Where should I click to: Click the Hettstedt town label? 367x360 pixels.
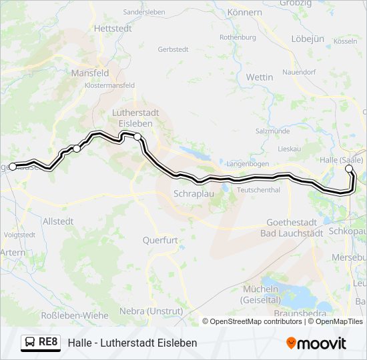click(x=110, y=29)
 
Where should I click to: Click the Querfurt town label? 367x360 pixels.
click(x=159, y=239)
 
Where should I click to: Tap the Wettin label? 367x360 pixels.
click(x=260, y=77)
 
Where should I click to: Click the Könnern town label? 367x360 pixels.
click(x=244, y=13)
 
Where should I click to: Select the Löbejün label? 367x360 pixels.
click(x=308, y=39)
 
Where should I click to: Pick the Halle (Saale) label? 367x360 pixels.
click(x=341, y=159)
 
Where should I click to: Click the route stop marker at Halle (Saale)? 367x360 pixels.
click(x=348, y=169)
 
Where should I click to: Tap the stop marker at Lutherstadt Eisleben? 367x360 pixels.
click(x=137, y=136)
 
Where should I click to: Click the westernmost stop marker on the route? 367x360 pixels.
click(x=13, y=166)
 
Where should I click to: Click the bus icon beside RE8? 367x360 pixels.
click(x=31, y=342)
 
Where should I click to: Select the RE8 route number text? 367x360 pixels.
click(x=49, y=342)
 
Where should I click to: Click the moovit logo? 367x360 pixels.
click(x=316, y=343)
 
